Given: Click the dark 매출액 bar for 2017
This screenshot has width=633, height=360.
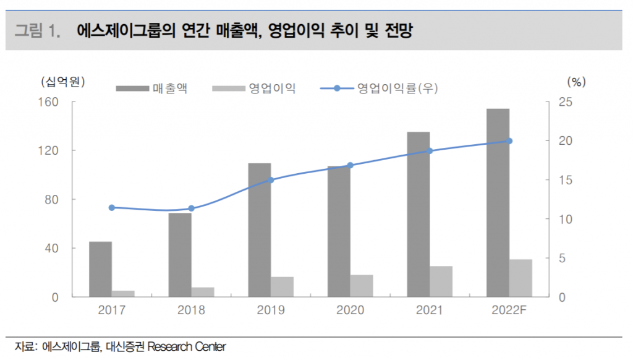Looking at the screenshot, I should click(100, 269).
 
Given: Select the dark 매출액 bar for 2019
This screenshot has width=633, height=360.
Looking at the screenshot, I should click(260, 230).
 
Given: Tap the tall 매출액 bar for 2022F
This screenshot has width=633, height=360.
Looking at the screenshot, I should click(498, 203).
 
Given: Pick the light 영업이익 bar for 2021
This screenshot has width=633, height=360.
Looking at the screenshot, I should click(441, 281).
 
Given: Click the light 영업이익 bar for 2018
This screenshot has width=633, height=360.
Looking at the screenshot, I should click(202, 292).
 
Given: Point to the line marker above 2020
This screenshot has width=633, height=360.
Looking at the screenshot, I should click(350, 165).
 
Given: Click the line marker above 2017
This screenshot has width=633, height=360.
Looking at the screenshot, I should click(112, 208).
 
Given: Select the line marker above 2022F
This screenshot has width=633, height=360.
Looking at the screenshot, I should click(509, 141).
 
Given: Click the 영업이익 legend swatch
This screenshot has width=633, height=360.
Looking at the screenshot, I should click(228, 88).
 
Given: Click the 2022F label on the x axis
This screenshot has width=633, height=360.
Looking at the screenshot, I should click(509, 310).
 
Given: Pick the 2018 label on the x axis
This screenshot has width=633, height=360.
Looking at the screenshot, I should click(191, 310).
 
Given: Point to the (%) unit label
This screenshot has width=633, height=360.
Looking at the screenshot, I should click(576, 81).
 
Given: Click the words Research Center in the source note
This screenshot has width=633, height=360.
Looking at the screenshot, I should click(187, 346).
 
